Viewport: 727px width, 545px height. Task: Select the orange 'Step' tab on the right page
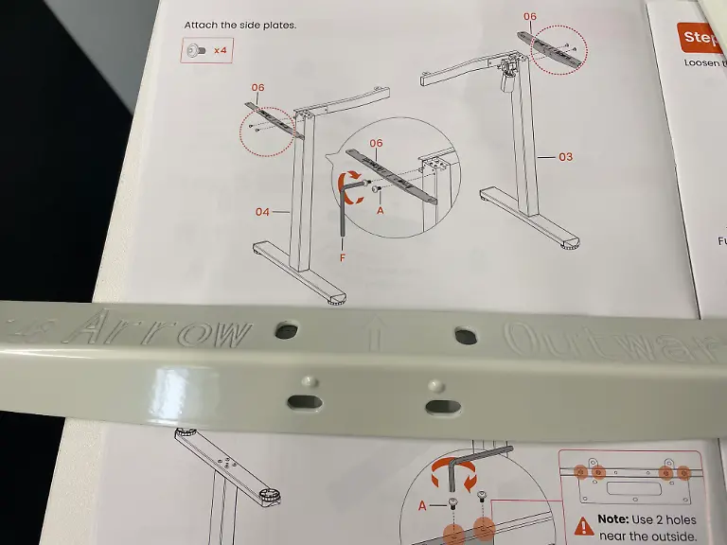tap(701, 38)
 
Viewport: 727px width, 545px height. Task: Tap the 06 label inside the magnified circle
tap(376, 143)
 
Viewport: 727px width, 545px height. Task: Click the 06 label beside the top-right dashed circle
tap(530, 16)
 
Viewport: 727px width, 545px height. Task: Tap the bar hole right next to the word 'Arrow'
tap(284, 330)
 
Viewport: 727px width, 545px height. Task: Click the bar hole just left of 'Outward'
tap(465, 335)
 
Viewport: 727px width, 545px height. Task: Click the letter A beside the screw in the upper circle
tap(381, 212)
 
